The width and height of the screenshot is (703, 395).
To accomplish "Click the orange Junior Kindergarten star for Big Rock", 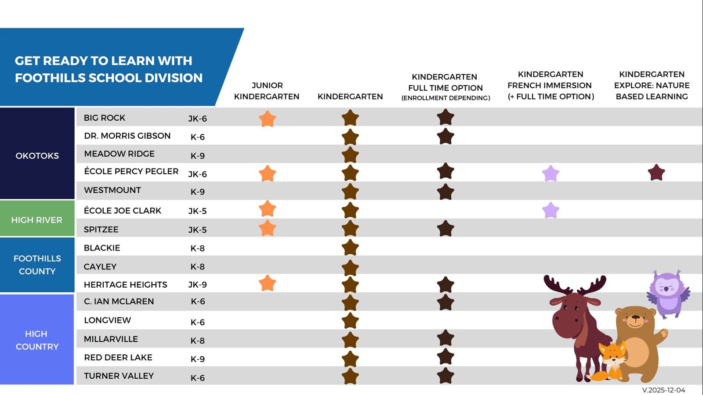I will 267,119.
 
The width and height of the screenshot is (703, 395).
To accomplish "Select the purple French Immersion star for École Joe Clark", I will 551,211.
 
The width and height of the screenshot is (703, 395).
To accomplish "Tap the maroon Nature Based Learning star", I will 656,173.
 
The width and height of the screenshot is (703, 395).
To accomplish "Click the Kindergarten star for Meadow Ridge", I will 350,155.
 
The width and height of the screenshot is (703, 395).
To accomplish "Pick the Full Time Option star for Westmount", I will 446,192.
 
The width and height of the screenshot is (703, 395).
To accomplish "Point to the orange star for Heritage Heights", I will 267,284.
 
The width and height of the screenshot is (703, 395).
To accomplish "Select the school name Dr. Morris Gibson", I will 127,136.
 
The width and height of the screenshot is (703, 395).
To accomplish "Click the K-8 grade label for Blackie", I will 197,248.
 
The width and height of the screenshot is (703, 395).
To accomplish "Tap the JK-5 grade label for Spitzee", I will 197,230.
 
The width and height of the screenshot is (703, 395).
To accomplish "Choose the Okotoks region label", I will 37,156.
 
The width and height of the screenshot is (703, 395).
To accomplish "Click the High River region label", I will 36,220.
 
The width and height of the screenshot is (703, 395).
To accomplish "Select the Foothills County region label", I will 37,265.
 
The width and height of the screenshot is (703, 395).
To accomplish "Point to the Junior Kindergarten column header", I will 267,91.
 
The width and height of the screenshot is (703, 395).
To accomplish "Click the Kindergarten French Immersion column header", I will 551,85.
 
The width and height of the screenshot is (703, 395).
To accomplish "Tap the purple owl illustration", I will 667,293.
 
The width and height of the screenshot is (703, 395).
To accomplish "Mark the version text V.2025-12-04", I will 663,390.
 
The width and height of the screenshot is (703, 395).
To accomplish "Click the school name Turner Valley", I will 119,376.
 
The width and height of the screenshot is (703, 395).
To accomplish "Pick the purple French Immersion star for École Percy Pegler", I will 551,174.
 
